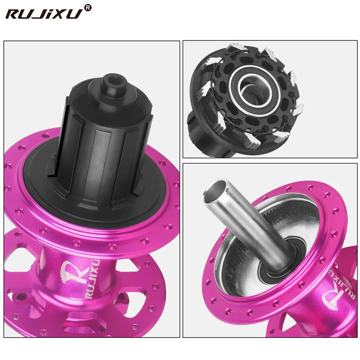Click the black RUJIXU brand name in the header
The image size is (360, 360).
coord(44,13)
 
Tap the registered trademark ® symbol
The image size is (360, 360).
coord(88,8)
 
